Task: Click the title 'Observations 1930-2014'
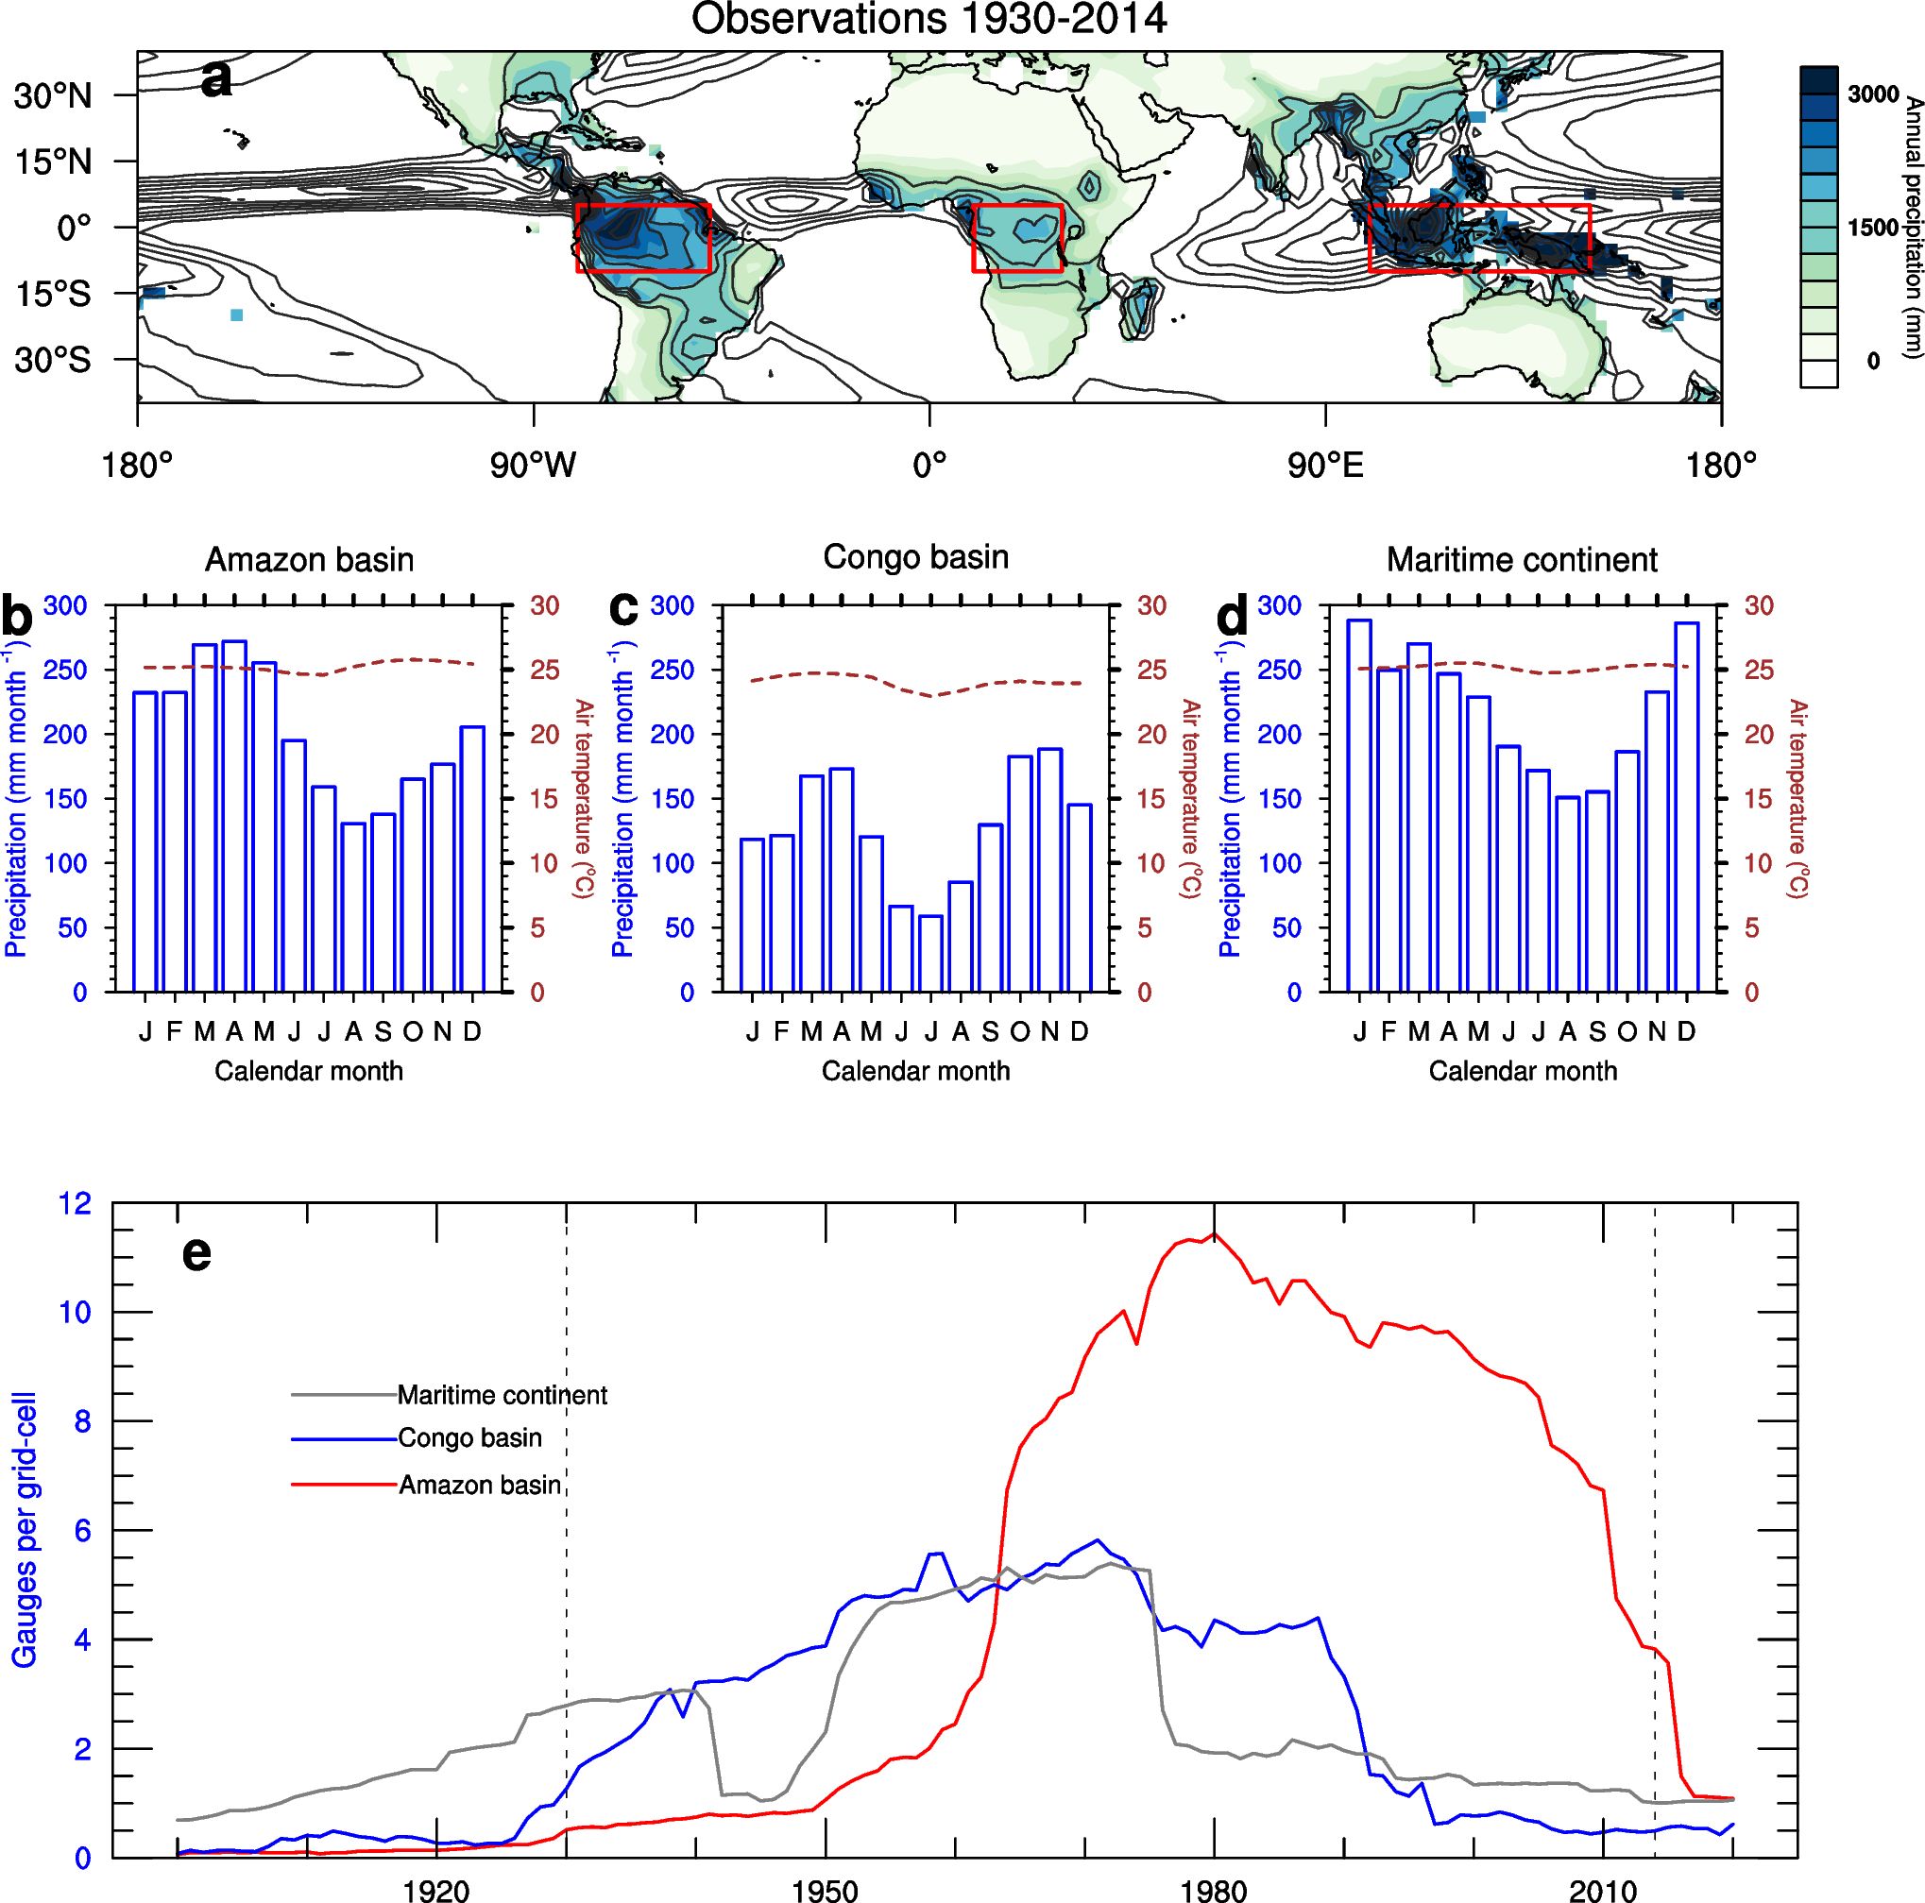(928, 19)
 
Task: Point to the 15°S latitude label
(52, 293)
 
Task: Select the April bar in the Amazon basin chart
(234, 816)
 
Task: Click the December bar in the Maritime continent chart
(1686, 807)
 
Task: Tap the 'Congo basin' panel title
(914, 557)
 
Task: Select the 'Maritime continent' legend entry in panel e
(503, 1395)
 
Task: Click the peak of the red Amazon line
(1214, 1234)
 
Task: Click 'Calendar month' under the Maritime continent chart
(1523, 1071)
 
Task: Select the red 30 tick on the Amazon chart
(544, 605)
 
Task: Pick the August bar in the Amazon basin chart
(352, 907)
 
